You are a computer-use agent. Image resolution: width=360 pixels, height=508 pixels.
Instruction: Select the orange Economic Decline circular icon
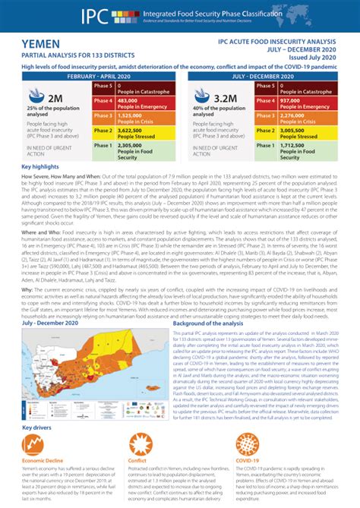point(35,446)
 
